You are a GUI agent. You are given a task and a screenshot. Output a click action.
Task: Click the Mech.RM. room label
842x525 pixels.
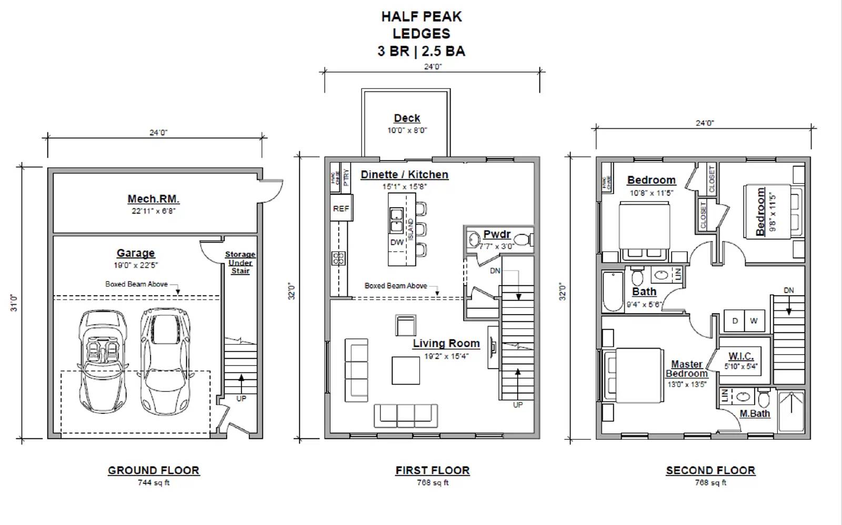153,199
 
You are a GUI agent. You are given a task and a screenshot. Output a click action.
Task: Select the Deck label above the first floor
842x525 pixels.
407,118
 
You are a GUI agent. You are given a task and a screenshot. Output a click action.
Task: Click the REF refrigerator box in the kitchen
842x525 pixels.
341,208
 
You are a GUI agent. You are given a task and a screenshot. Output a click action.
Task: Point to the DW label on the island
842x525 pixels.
397,243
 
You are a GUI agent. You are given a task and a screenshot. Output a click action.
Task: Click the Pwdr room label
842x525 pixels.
497,235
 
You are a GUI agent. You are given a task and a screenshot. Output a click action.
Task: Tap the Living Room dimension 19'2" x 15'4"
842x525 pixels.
446,356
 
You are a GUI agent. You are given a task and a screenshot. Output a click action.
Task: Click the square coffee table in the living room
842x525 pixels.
405,370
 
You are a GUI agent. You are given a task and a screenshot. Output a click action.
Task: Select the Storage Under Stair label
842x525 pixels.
240,262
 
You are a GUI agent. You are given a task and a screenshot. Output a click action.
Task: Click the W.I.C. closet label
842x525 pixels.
741,356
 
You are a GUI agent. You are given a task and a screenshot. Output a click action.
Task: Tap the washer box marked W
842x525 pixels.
754,321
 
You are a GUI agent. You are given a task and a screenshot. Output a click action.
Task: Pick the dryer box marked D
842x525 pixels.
735,321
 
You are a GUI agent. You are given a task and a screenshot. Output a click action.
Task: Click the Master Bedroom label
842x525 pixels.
687,369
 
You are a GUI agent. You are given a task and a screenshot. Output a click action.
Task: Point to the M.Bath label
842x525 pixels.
755,413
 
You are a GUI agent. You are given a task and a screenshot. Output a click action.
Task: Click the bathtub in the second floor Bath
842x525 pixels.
613,291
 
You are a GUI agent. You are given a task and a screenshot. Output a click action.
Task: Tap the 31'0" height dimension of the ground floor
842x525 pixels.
14,302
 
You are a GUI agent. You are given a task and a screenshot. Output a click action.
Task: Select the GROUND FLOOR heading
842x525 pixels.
153,470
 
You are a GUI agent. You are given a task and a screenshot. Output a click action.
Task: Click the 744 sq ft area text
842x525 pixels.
153,482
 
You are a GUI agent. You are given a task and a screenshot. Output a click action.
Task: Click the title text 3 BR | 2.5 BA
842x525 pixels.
421,51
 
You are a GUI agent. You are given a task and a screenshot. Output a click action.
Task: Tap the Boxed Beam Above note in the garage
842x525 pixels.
136,284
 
